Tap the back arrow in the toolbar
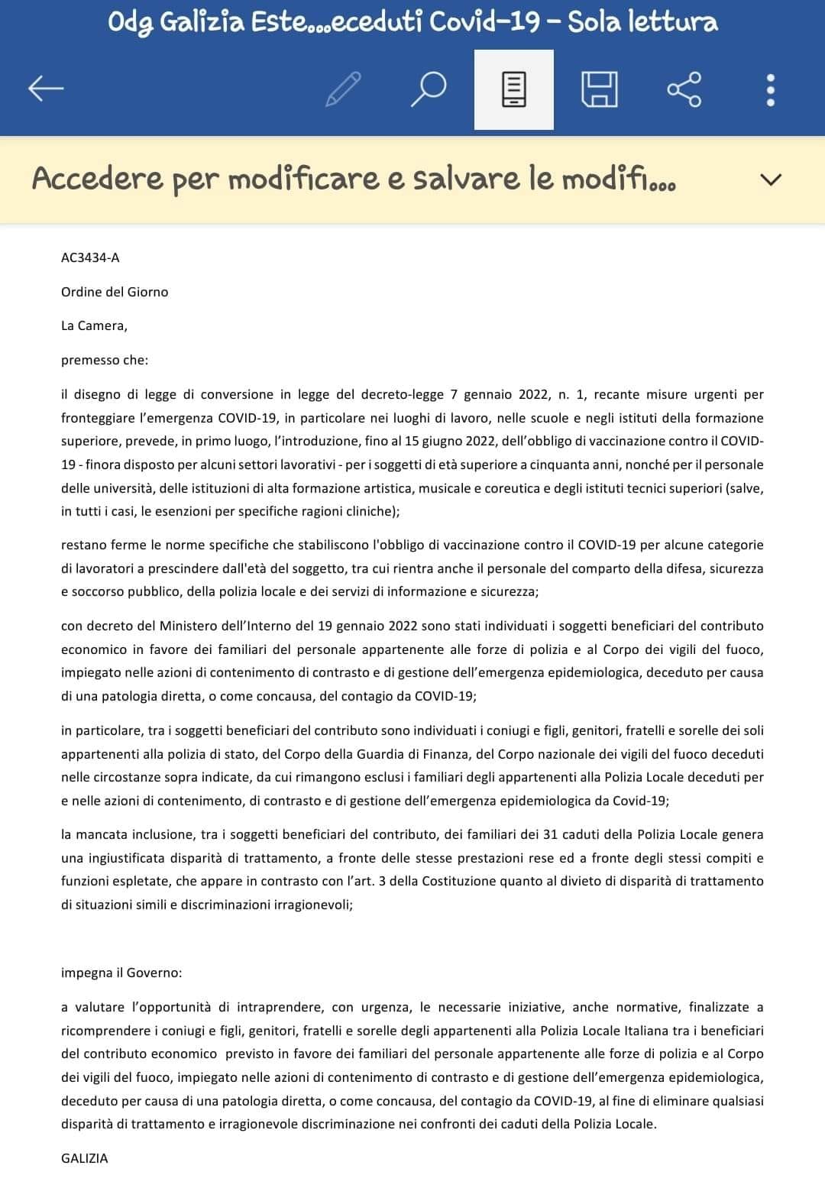click(46, 89)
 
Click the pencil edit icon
click(343, 89)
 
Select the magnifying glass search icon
click(428, 89)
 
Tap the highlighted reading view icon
click(513, 89)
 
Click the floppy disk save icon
click(600, 89)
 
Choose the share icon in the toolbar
click(684, 89)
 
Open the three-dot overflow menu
click(770, 89)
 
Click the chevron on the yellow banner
click(772, 180)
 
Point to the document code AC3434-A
click(90, 257)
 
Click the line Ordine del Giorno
click(115, 292)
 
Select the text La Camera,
click(94, 325)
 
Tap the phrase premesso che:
click(105, 360)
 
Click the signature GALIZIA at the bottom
click(85, 1158)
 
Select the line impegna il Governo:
click(121, 973)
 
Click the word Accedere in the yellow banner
click(98, 179)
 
